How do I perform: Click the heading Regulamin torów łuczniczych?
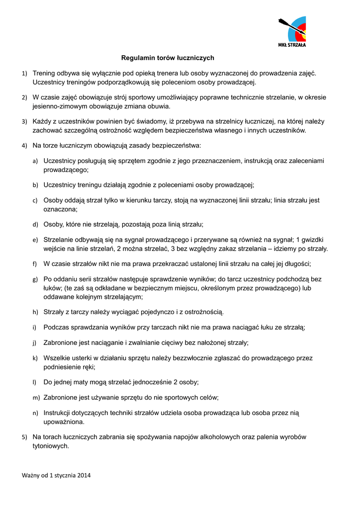pos(168,58)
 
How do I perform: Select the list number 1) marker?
pos(24,74)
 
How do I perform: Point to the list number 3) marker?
pos(24,121)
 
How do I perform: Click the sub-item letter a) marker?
pos(35,162)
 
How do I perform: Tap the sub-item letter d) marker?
pos(35,225)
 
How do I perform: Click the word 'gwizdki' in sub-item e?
pos(316,240)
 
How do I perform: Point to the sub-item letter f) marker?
pos(35,264)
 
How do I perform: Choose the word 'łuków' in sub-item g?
pos(53,288)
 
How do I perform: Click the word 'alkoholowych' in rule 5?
pos(219,437)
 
